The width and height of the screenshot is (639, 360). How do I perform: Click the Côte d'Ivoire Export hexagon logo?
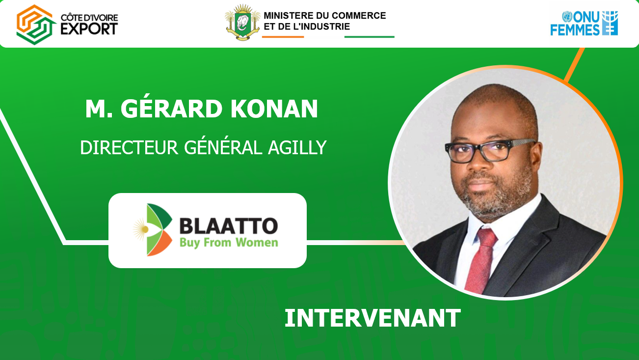pyautogui.click(x=36, y=25)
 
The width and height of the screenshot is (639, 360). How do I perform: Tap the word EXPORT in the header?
pyautogui.click(x=89, y=28)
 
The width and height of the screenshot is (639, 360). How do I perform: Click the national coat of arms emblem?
pyautogui.click(x=243, y=22)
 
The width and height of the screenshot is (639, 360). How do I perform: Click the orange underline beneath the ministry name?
pyautogui.click(x=283, y=37)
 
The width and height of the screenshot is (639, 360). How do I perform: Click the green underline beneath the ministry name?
pyautogui.click(x=370, y=37)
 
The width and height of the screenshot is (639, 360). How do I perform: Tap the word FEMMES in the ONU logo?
pyautogui.click(x=575, y=29)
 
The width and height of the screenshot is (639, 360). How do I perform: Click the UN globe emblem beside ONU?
pyautogui.click(x=567, y=17)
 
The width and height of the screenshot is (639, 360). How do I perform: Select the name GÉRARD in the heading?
pyautogui.click(x=171, y=109)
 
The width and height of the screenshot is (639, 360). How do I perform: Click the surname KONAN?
pyautogui.click(x=274, y=109)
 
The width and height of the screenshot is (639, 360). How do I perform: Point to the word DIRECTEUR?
pyautogui.click(x=129, y=148)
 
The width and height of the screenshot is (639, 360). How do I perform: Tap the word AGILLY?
pyautogui.click(x=297, y=148)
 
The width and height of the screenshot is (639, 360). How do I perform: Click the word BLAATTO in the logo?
pyautogui.click(x=229, y=226)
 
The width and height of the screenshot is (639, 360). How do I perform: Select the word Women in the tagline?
pyautogui.click(x=257, y=243)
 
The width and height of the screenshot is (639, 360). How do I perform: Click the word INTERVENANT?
pyautogui.click(x=373, y=318)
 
